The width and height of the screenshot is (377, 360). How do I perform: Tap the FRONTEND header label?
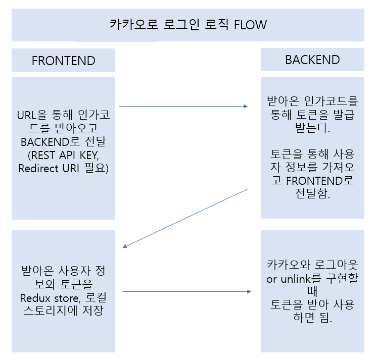[63, 61]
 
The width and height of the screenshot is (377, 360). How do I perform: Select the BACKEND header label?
[312, 60]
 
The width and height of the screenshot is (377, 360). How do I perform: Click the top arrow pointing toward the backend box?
[183, 106]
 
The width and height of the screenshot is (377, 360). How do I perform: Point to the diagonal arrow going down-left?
[185, 218]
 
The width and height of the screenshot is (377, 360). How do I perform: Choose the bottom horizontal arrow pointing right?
[187, 291]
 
